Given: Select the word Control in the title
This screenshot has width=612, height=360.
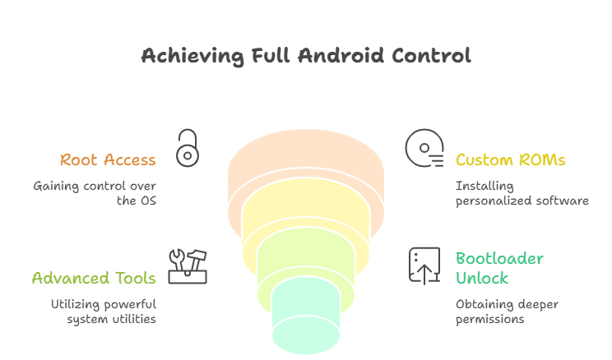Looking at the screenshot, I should [x=433, y=56].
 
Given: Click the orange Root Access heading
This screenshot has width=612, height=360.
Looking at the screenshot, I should [x=108, y=159].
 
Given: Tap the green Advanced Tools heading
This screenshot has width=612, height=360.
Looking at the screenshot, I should [x=94, y=278].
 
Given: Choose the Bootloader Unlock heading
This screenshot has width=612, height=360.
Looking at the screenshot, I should [x=499, y=269].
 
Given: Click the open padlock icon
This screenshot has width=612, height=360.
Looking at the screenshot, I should [x=188, y=148].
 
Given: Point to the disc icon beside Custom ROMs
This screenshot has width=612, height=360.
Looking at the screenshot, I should [x=424, y=150].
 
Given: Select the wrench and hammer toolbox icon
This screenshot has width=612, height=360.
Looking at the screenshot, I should [x=188, y=266].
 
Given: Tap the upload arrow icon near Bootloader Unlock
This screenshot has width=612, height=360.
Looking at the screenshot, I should [x=424, y=265].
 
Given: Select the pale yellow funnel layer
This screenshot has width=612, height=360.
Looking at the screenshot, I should [x=306, y=215].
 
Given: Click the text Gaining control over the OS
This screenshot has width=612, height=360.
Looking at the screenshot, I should [x=95, y=193].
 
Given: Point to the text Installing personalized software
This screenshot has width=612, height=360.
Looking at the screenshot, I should [x=522, y=193].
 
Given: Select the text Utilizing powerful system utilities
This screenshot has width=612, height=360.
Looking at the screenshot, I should [x=103, y=311].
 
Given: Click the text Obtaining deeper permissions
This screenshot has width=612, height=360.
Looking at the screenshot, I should [x=507, y=311].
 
